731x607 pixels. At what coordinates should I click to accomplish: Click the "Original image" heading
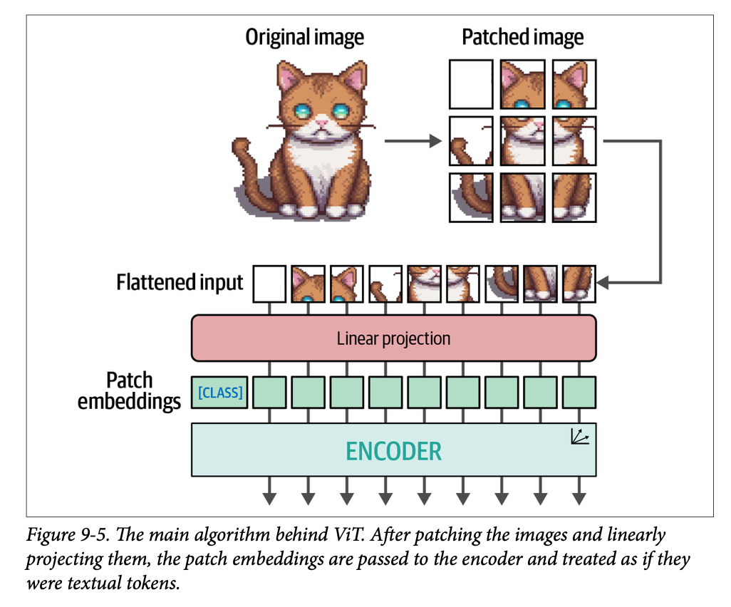304,37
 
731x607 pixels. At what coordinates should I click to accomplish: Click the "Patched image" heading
522,37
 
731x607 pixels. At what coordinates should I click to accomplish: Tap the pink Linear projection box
393,338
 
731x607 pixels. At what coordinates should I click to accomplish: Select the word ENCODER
393,450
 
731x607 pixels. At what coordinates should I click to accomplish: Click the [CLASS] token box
219,393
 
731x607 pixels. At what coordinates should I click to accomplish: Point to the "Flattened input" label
180,283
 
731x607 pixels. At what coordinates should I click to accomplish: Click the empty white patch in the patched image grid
470,84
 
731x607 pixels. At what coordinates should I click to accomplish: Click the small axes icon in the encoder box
579,436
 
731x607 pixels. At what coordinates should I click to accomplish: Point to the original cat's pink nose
322,123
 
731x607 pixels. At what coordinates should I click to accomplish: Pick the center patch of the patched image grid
522,141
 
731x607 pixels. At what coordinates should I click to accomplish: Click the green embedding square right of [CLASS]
270,393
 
